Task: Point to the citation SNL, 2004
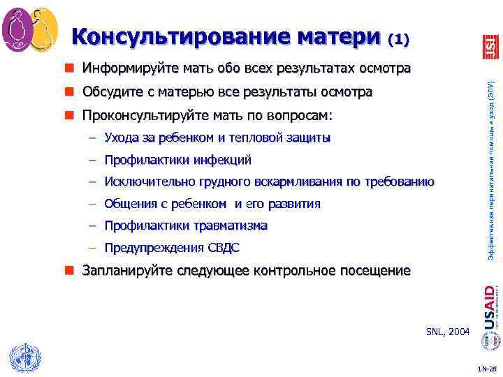448,331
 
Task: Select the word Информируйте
122,69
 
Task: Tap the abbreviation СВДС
223,248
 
